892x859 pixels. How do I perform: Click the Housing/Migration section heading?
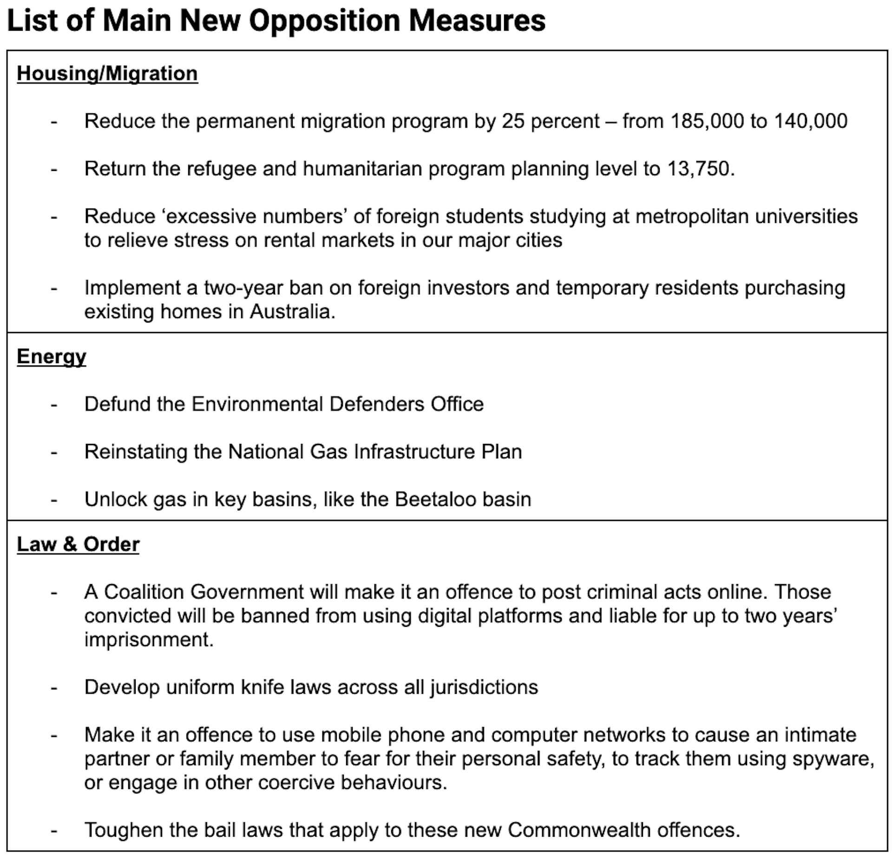click(107, 74)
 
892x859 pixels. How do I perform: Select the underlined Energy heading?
click(52, 357)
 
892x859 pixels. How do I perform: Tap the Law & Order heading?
click(78, 544)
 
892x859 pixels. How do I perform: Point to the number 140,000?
click(811, 121)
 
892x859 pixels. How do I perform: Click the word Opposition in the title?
click(324, 21)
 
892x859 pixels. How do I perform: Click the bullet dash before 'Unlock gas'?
click(54, 500)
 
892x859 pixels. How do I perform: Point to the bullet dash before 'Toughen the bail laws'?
click(54, 830)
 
